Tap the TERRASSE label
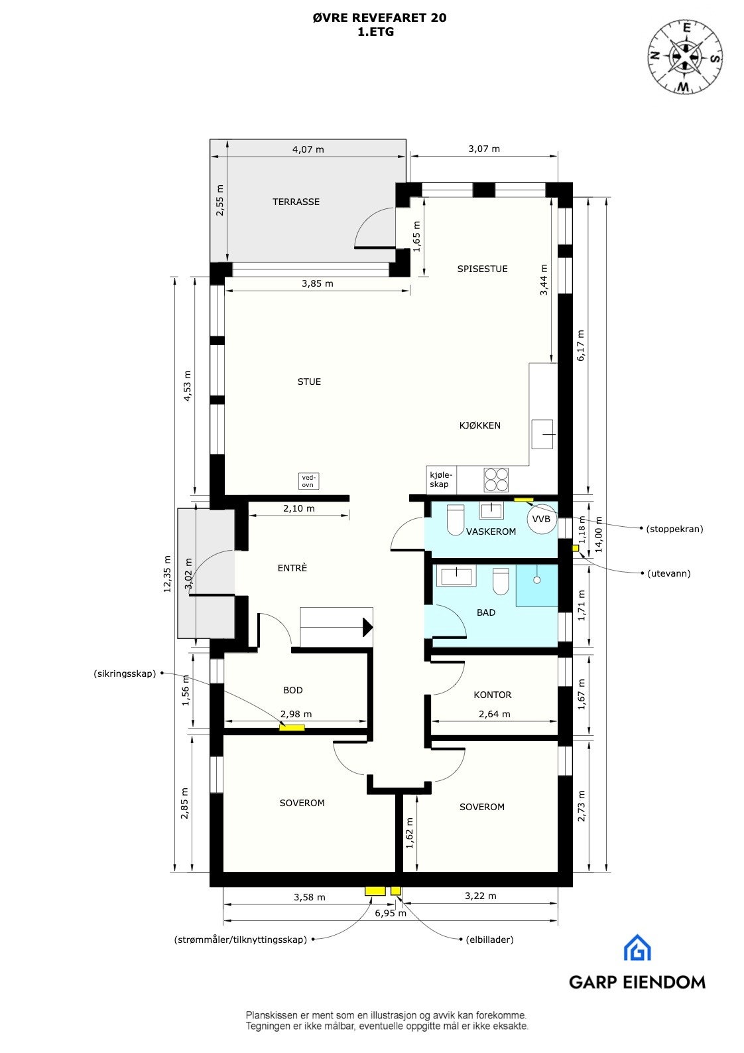296,202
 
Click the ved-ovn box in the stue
308,480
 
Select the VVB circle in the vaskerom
541,519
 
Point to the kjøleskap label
440,479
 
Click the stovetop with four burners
497,479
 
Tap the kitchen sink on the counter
543,434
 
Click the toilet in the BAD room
501,582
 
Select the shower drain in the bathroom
537,579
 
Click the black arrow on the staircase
367,626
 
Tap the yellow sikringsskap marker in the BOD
292,728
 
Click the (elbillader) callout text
489,940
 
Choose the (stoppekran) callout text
674,529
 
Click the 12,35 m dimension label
167,573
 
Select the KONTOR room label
493,695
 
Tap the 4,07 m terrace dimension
308,149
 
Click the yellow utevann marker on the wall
575,548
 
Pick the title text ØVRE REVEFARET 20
379,18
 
